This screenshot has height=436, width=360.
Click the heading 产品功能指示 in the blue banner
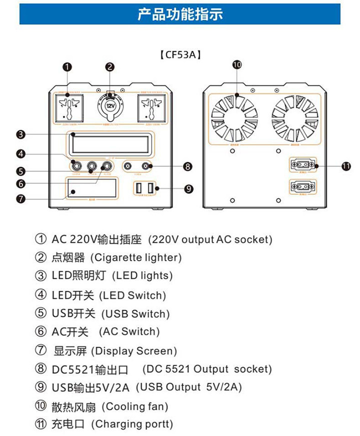(180, 14)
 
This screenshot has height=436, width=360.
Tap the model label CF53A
(180, 55)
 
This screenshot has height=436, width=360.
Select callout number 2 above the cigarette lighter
(110, 66)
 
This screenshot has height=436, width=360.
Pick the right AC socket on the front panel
(150, 108)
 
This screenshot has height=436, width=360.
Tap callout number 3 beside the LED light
(20, 134)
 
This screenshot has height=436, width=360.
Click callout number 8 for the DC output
(187, 166)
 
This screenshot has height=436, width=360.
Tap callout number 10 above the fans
(237, 64)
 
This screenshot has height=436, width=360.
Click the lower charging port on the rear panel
(302, 186)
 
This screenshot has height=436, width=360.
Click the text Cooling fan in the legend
(135, 406)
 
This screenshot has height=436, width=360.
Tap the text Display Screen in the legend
(136, 351)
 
